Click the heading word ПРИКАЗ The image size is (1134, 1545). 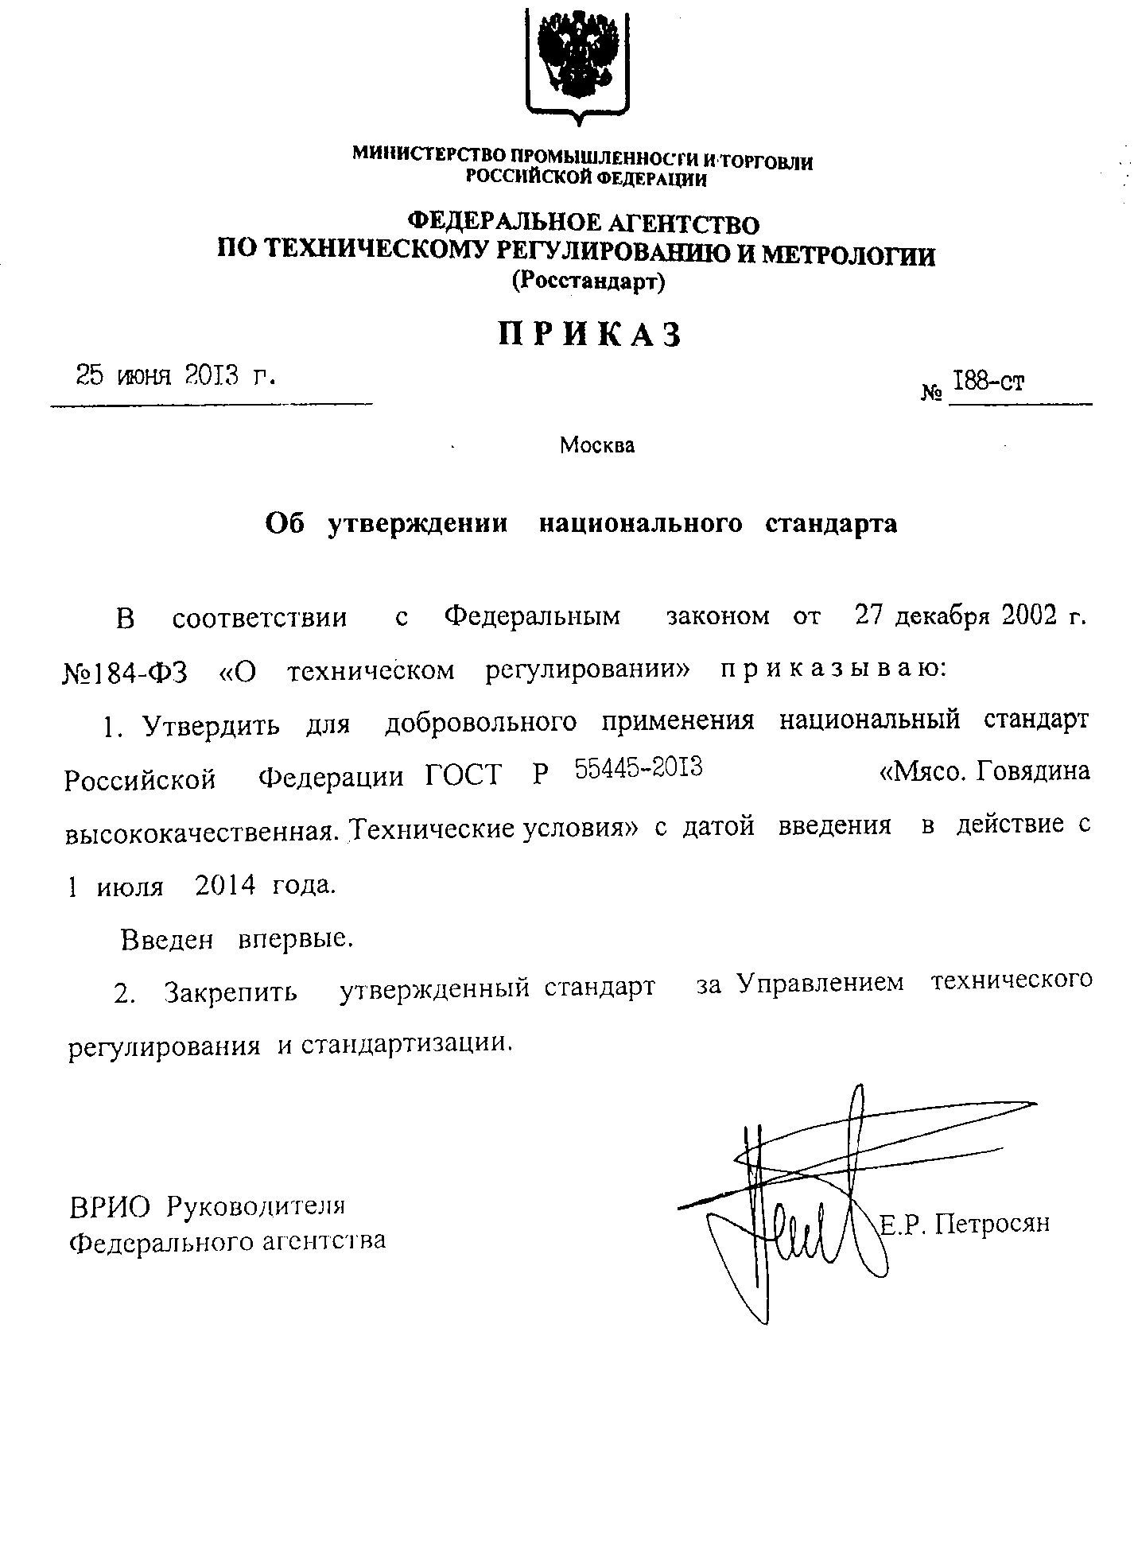pyautogui.click(x=590, y=335)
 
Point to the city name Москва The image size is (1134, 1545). pyautogui.click(x=597, y=445)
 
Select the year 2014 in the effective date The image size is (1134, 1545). pyautogui.click(x=224, y=886)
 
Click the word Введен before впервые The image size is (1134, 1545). pyautogui.click(x=167, y=940)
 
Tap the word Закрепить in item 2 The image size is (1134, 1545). pyautogui.click(x=231, y=992)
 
